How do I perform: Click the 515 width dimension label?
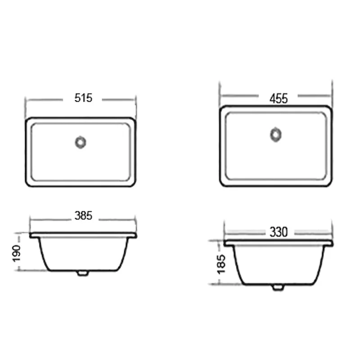click(84, 98)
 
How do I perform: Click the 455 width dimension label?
click(279, 98)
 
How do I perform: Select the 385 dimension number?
click(83, 216)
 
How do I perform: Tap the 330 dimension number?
click(279, 232)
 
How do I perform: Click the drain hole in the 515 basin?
click(81, 142)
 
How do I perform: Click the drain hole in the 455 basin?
click(275, 135)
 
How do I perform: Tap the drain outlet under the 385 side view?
click(82, 272)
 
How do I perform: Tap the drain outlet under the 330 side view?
click(278, 287)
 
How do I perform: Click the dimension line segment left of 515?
click(45, 99)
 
